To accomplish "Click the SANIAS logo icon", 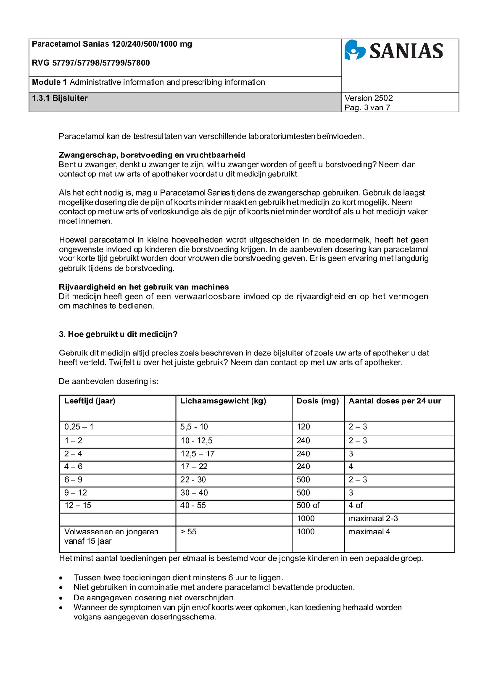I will tap(354, 50).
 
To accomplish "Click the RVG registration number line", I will tap(91, 63).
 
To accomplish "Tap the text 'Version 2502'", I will tap(368, 98).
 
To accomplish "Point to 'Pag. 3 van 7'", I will tap(367, 107).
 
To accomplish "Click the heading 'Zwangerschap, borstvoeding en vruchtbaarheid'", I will tap(152, 155).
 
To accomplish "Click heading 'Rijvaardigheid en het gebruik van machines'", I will tap(144, 287).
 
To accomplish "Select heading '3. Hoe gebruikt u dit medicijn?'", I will tap(118, 334).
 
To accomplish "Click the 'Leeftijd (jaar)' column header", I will tap(90, 401).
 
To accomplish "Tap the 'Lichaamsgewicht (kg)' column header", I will tap(223, 401).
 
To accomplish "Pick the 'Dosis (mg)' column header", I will tap(317, 401).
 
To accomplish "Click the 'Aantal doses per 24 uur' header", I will tap(395, 401).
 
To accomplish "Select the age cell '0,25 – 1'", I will tap(79, 427).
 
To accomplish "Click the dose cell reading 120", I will tap(303, 427).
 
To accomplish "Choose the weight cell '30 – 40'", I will tap(194, 493).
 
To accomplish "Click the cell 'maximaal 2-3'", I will tap(373, 518).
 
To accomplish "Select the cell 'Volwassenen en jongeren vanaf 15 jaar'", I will tap(111, 536).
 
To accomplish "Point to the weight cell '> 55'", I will tap(188, 532).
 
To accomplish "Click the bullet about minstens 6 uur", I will tap(178, 577).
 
